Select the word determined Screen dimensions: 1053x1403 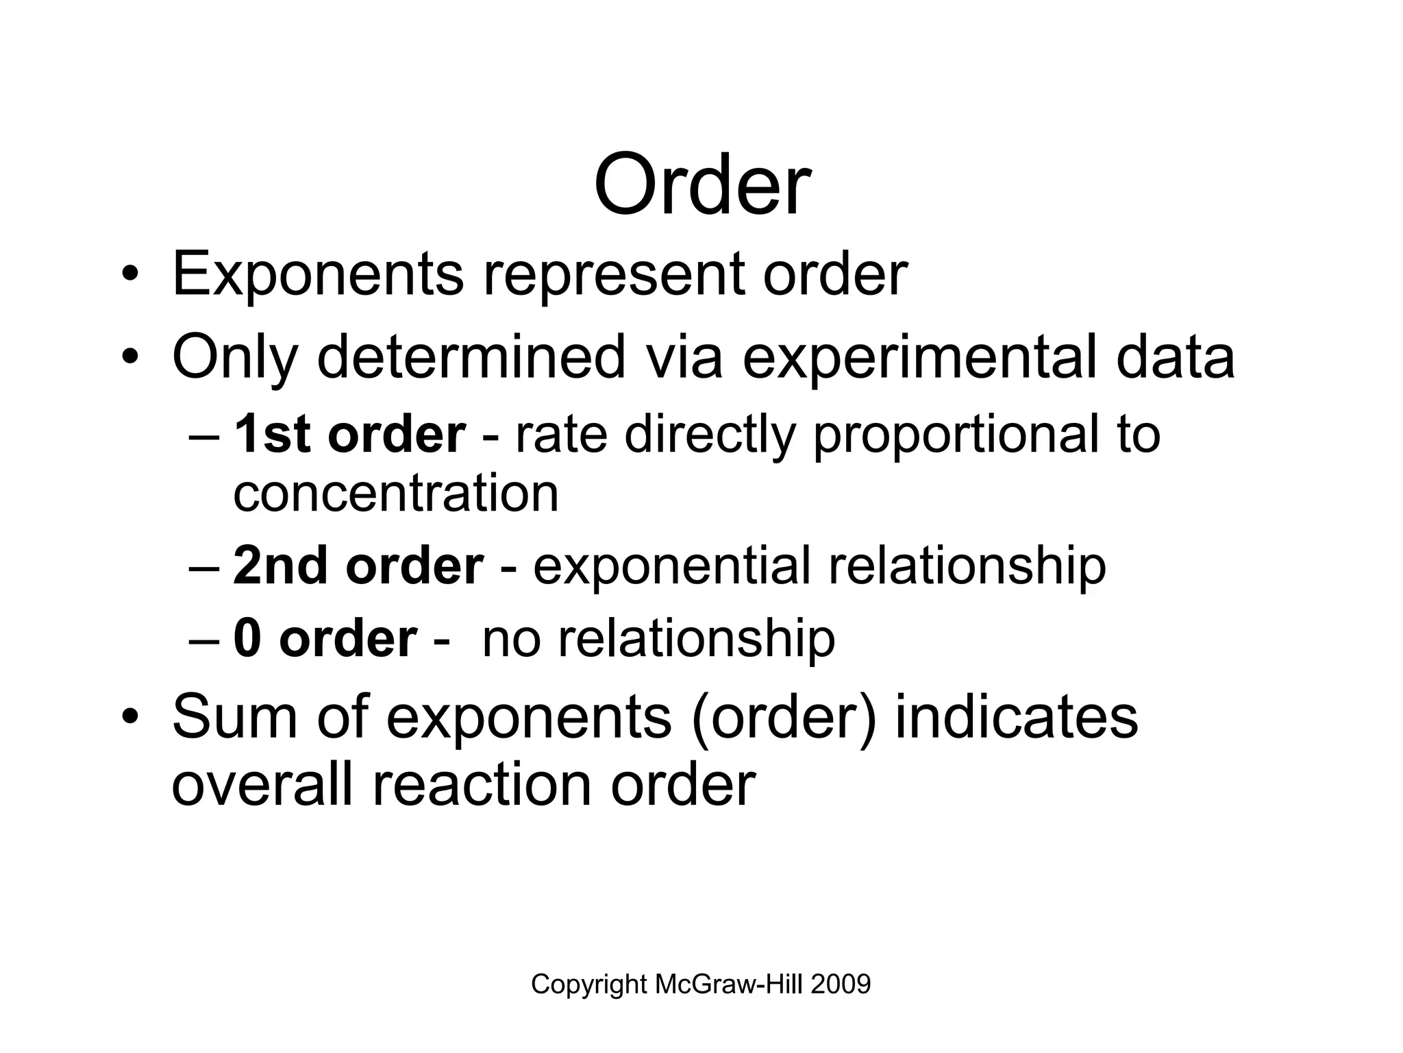471,357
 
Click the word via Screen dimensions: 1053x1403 684,357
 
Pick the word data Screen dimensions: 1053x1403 1175,357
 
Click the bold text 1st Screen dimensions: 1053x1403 273,435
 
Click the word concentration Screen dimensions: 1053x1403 396,494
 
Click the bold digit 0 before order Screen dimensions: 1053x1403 247,638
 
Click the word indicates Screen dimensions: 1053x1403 1017,717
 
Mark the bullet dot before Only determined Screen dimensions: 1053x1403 130,359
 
